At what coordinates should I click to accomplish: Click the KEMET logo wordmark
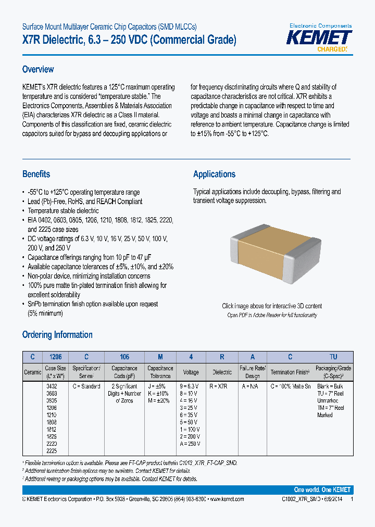point(320,37)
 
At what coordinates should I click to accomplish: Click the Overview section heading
point(38,69)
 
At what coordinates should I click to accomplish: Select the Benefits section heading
point(36,174)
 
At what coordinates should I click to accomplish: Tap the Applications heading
point(214,174)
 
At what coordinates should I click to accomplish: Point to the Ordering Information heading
point(57,335)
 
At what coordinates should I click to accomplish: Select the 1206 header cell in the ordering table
point(55,357)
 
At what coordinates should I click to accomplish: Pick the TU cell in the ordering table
point(333,357)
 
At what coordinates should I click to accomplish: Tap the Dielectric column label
point(222,372)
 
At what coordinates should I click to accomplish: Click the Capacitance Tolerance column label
point(160,372)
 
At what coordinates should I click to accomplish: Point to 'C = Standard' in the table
point(86,386)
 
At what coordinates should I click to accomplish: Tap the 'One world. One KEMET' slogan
point(322,490)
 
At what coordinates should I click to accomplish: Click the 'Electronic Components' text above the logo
point(320,26)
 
